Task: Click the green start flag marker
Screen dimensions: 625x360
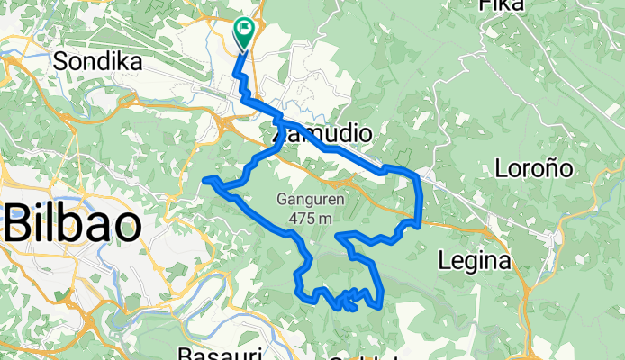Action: tap(243, 31)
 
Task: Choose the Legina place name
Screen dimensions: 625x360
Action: tap(474, 261)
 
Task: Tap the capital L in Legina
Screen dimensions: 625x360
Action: tap(443, 260)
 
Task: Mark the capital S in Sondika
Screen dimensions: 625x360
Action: tap(61, 61)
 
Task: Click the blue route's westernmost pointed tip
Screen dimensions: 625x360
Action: tap(206, 181)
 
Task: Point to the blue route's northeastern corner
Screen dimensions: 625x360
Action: tap(417, 172)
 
